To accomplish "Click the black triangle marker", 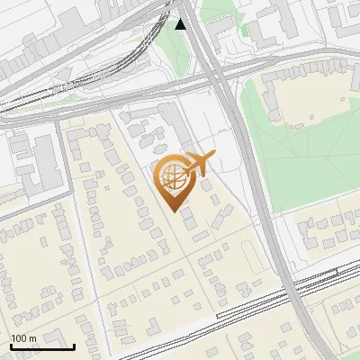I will click(182, 23).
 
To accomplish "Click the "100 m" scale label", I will click(23, 337).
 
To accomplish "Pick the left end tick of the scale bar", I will click(11, 345).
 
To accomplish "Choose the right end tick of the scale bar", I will click(74, 345).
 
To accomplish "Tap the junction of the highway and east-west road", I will click(220, 76).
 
